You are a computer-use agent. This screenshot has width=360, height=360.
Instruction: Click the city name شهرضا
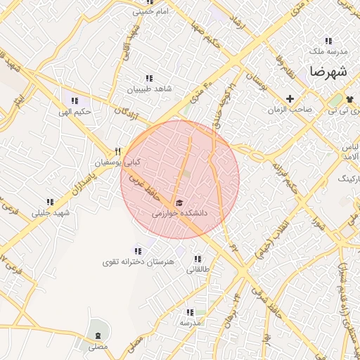point(328,72)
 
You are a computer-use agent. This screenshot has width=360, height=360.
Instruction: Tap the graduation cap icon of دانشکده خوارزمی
point(180,202)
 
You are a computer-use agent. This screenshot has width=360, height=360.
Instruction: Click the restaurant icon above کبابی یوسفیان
point(118,151)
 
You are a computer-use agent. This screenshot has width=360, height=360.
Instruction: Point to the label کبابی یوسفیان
point(118,162)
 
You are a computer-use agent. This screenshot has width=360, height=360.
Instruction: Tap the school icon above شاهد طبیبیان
point(148,79)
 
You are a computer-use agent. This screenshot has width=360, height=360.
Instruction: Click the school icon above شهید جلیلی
point(51,202)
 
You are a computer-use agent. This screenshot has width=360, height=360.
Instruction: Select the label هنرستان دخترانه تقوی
point(138,262)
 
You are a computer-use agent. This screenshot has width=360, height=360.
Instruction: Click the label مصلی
point(98,347)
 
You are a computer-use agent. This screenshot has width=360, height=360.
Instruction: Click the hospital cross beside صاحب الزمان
point(290,98)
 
